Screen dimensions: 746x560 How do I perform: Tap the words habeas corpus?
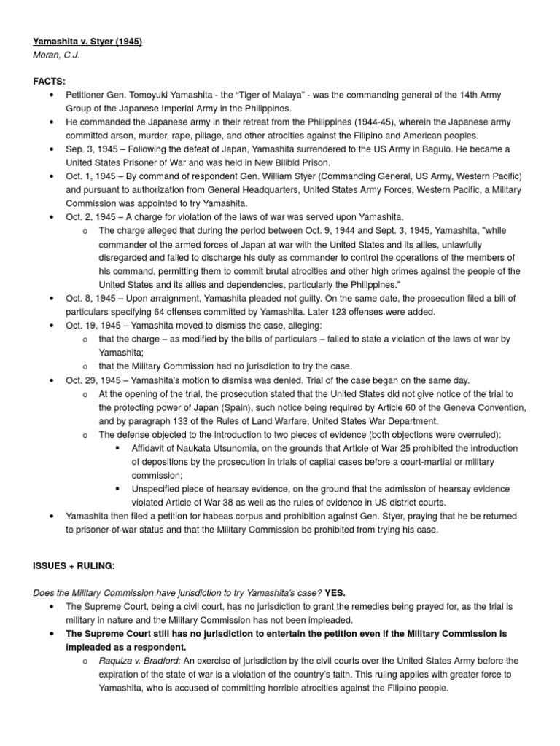coord(228,517)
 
